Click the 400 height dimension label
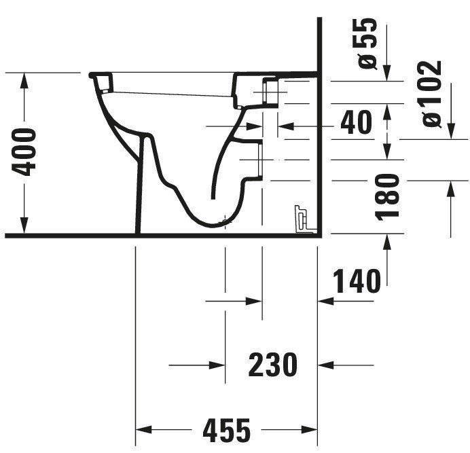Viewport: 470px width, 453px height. pos(24,152)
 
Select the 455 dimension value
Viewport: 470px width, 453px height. pos(227,431)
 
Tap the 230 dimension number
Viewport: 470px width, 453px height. pos(273,365)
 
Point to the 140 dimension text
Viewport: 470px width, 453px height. pos(357,281)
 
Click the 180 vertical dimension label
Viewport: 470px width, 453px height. pos(387,197)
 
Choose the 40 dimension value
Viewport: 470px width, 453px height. pos(357,122)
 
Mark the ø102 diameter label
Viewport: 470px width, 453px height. pos(432,94)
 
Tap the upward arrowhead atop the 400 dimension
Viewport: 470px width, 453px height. pos(24,80)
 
